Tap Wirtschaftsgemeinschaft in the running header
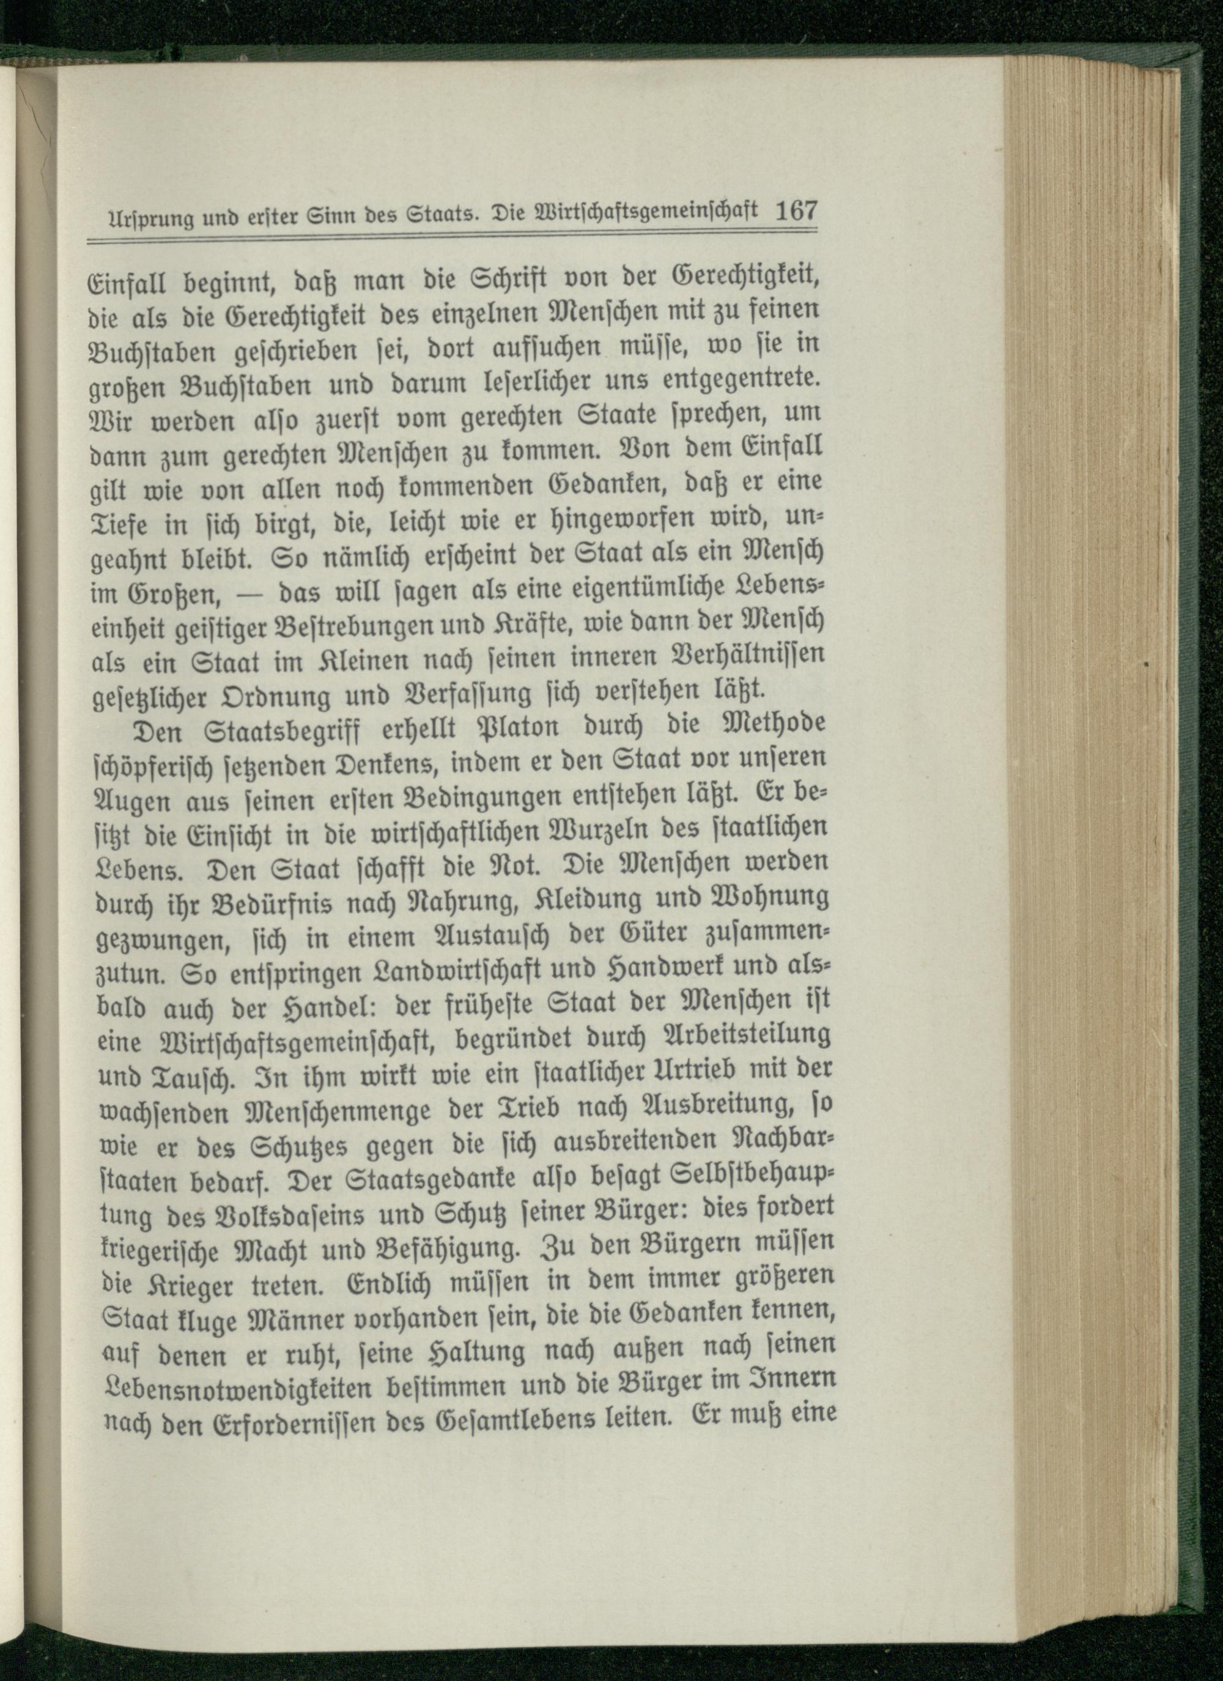[646, 213]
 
